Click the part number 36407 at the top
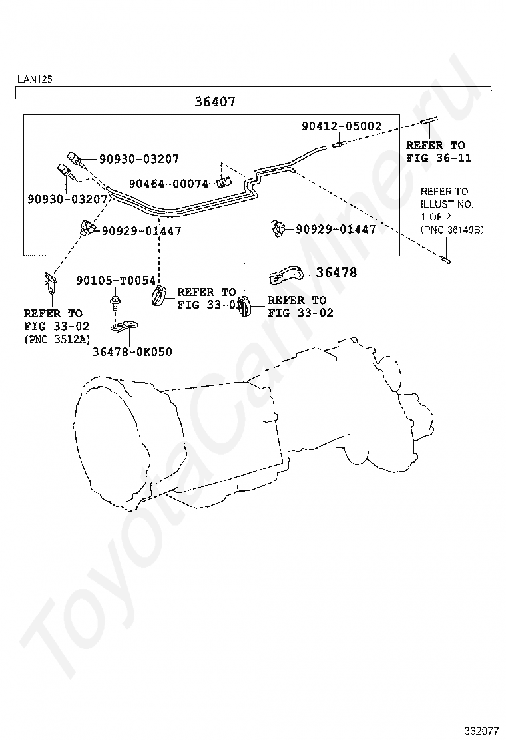click(x=215, y=102)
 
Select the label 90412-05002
click(x=342, y=126)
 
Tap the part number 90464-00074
click(x=169, y=183)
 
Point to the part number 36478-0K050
click(x=132, y=351)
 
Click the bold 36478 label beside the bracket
click(x=336, y=272)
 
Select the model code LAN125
click(x=35, y=79)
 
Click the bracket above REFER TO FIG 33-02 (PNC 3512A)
click(x=49, y=282)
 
